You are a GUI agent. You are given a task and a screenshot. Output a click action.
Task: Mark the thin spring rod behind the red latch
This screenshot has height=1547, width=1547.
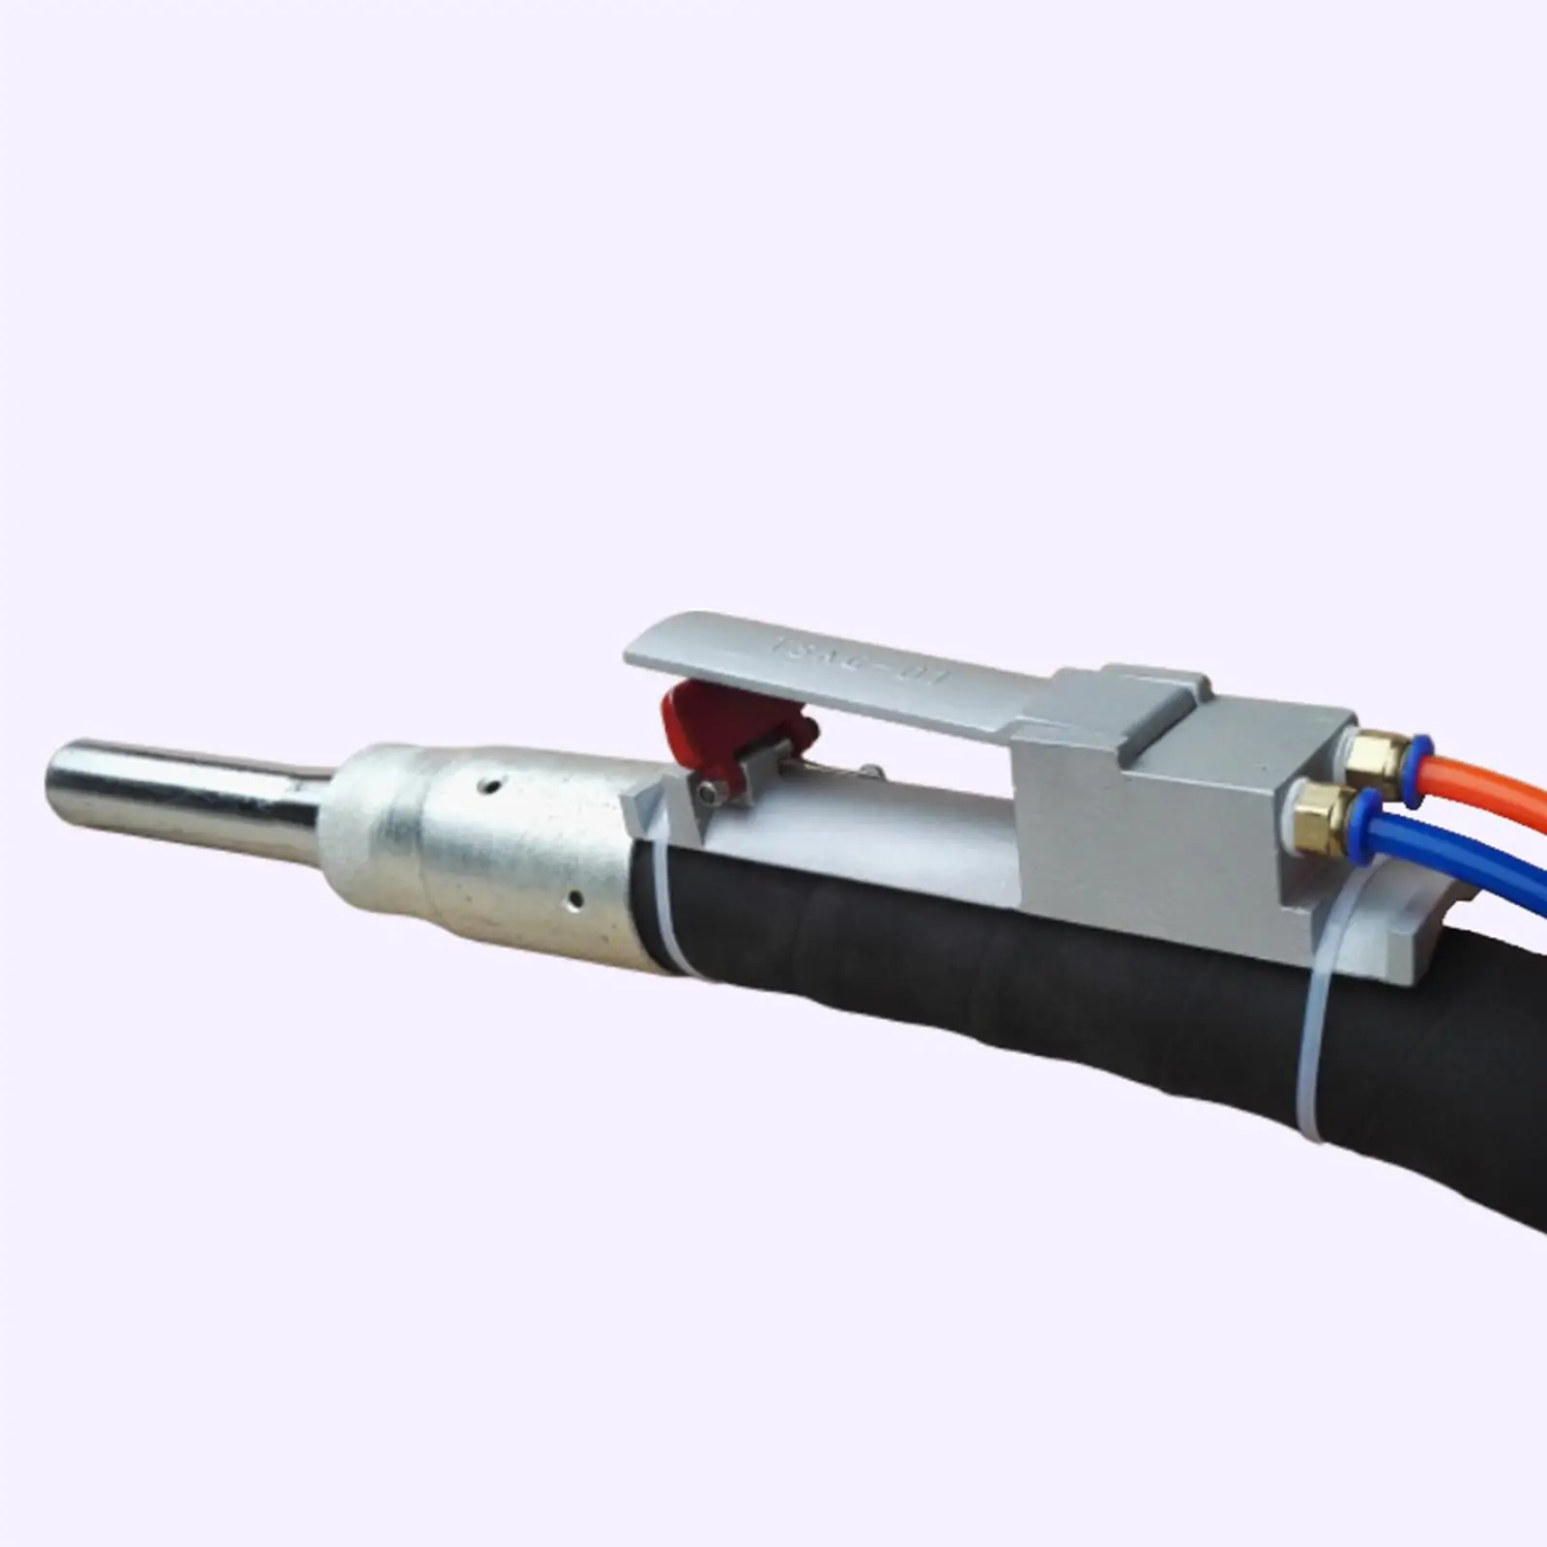click(x=832, y=769)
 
